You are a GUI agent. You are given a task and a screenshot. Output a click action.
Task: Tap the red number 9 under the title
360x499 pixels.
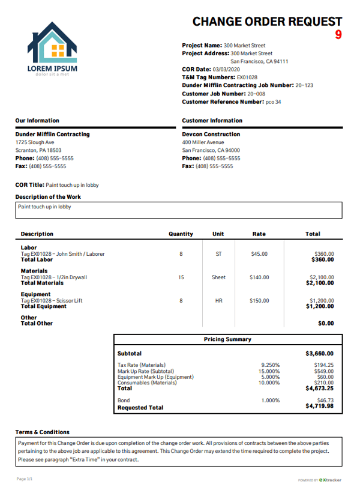pyautogui.click(x=338, y=35)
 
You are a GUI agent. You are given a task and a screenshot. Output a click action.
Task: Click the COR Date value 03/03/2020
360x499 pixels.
pyautogui.click(x=223, y=70)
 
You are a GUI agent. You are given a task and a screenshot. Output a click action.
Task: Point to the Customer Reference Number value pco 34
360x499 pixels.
pyautogui.click(x=273, y=102)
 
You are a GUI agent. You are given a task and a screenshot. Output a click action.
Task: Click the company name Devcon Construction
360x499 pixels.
pyautogui.click(x=211, y=135)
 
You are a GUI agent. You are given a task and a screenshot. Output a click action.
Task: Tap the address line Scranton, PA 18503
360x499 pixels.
pyautogui.click(x=38, y=151)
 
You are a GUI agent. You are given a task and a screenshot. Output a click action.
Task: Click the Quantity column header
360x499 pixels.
pyautogui.click(x=181, y=234)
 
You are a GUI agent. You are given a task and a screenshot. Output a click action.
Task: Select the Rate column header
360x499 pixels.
pyautogui.click(x=259, y=234)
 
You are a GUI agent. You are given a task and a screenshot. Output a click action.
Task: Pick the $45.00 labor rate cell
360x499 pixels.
pyautogui.click(x=259, y=254)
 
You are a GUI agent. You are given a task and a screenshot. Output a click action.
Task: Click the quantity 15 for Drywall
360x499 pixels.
pyautogui.click(x=181, y=277)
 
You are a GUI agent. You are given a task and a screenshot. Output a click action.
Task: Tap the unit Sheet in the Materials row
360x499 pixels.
pyautogui.click(x=218, y=277)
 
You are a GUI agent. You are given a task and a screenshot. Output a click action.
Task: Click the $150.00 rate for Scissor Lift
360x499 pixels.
pyautogui.click(x=259, y=301)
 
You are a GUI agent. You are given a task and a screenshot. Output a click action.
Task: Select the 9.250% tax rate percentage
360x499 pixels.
pyautogui.click(x=271, y=365)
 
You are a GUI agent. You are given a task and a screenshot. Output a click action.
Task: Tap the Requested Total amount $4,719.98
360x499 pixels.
pyautogui.click(x=319, y=407)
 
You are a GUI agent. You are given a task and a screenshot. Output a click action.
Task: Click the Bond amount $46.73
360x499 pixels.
pyautogui.click(x=324, y=400)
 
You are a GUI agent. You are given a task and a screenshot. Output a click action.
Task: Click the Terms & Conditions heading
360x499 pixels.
pyautogui.click(x=43, y=432)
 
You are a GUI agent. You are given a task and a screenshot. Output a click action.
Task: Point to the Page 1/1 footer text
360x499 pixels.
pyautogui.click(x=25, y=479)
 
